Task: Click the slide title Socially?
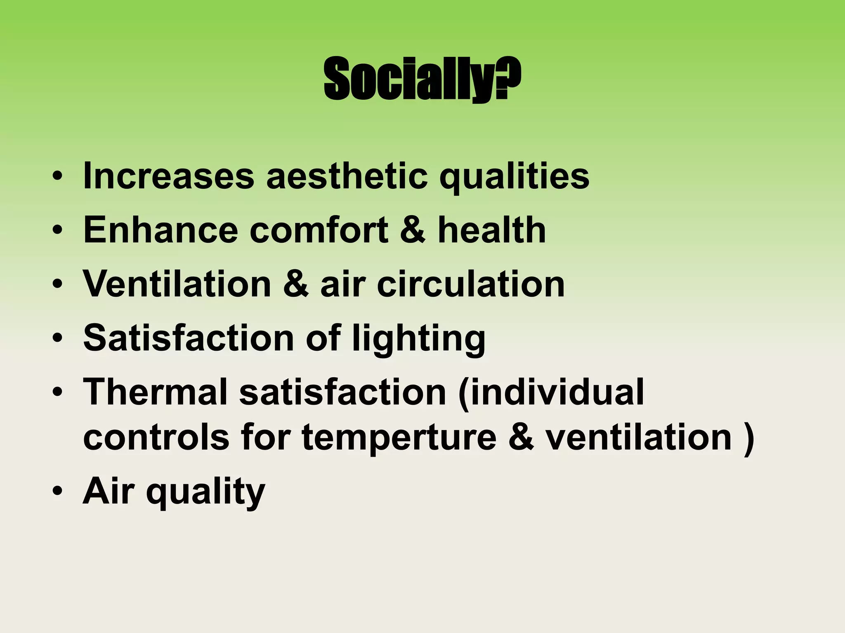point(422,79)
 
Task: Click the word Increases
point(168,176)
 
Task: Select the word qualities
point(514,177)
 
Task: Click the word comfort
point(319,230)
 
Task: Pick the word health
point(491,230)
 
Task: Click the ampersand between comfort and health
point(412,230)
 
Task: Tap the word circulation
point(471,284)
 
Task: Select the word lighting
point(419,339)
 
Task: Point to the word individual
point(551,392)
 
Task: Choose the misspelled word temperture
point(399,437)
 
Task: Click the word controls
point(156,437)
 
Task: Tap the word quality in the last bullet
point(205,492)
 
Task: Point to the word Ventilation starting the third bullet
point(177,284)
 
